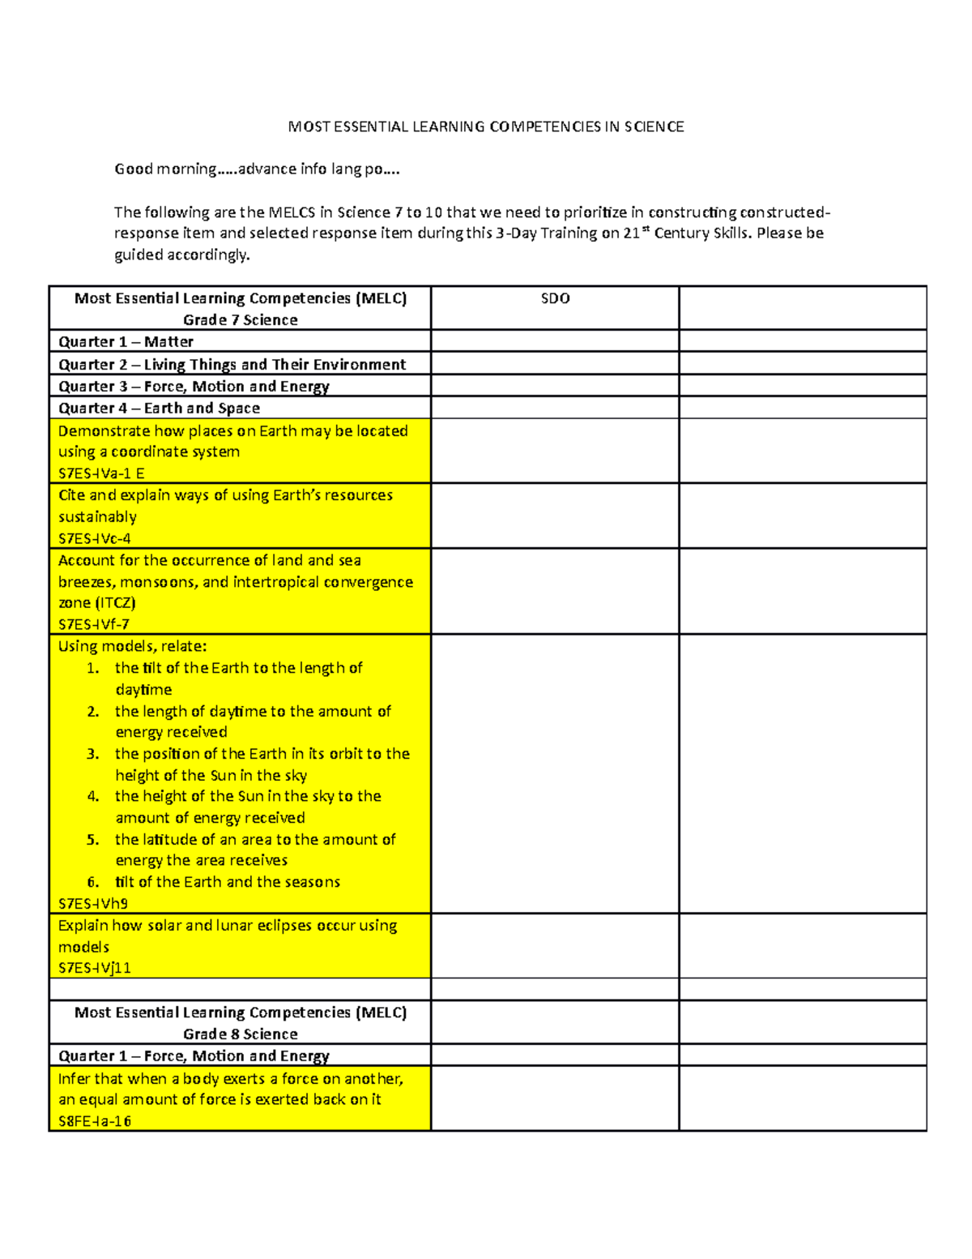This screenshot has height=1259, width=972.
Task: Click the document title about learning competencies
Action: point(486,126)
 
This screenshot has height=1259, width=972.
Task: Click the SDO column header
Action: point(555,298)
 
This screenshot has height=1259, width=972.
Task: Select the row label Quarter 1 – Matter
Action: point(126,341)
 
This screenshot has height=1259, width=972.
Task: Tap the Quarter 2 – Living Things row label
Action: point(232,364)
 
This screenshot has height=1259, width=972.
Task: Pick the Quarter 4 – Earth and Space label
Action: point(159,408)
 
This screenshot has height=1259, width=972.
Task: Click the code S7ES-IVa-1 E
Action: point(101,473)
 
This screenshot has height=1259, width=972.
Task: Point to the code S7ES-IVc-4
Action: point(95,538)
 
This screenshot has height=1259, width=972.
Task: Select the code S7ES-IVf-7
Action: point(94,624)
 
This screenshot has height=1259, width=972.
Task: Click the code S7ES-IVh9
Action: point(93,903)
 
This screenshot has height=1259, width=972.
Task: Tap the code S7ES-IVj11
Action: point(95,967)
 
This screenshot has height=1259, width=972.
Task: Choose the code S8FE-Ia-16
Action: point(95,1121)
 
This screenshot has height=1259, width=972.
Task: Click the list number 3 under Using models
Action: point(93,754)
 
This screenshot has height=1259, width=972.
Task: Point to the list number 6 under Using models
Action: point(93,882)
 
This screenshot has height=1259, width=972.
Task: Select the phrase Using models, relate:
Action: point(133,646)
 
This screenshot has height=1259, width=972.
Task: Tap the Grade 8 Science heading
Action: point(240,1034)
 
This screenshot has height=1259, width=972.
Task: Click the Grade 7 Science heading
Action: point(240,319)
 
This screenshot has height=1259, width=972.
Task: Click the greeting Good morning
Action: point(165,169)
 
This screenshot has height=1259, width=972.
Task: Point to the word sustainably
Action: point(97,516)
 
